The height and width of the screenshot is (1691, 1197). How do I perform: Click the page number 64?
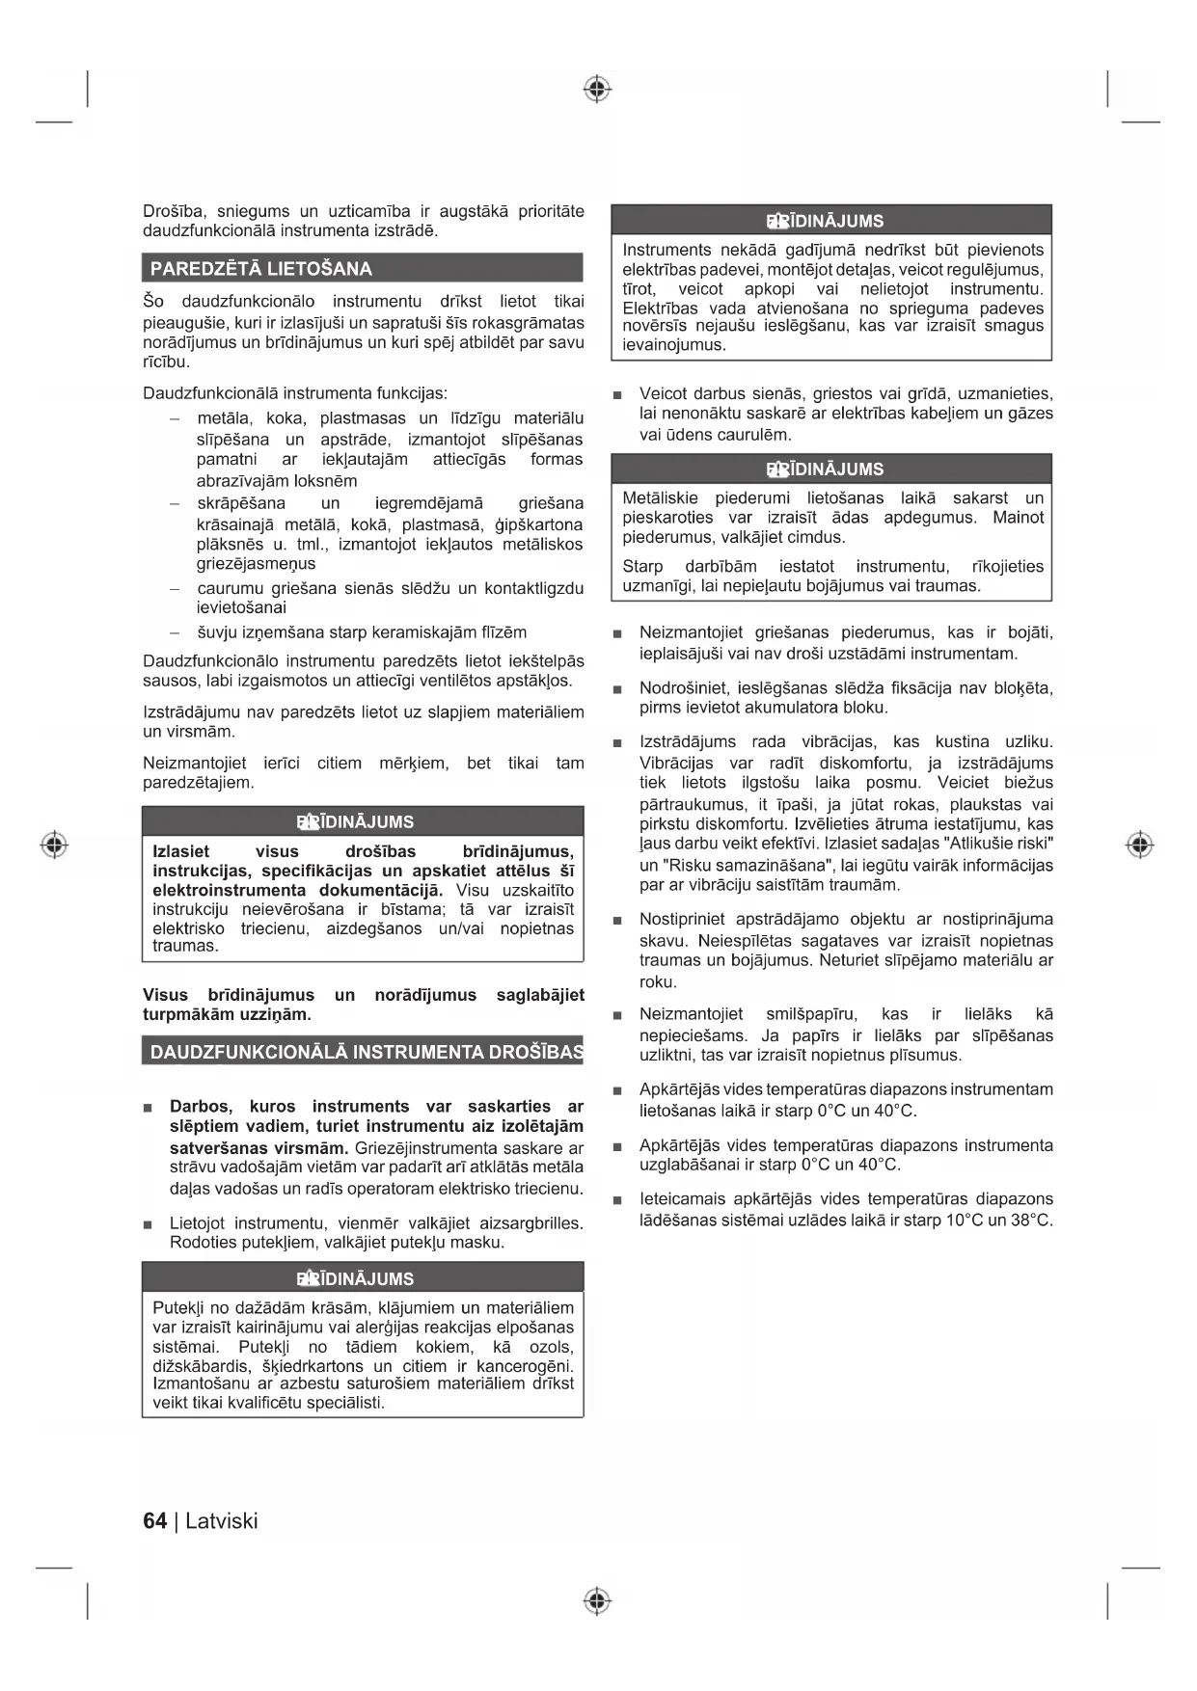(x=154, y=1520)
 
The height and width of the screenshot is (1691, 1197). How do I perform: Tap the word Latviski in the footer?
(x=222, y=1520)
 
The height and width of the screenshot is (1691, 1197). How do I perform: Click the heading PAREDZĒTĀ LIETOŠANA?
(x=260, y=268)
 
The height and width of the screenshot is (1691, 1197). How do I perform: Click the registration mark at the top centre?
(x=597, y=90)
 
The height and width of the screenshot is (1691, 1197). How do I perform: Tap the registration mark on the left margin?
(x=54, y=845)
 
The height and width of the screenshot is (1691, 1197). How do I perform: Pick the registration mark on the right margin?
(x=1139, y=845)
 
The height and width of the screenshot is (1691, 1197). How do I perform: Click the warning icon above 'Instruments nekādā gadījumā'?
(x=777, y=221)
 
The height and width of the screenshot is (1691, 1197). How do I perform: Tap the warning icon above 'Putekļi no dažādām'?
(x=308, y=1278)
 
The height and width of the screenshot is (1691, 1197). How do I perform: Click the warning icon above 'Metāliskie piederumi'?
(x=777, y=470)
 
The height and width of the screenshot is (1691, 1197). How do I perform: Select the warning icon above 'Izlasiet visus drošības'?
(x=308, y=821)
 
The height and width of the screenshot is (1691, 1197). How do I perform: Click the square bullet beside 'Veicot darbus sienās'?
(x=617, y=395)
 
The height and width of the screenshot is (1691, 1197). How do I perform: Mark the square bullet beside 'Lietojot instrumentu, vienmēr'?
(x=148, y=1224)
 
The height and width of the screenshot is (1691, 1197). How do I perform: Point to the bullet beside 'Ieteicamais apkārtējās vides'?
(x=617, y=1200)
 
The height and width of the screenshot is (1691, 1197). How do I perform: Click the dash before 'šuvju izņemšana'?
(x=175, y=633)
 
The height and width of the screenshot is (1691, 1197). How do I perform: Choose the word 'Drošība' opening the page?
(x=173, y=211)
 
